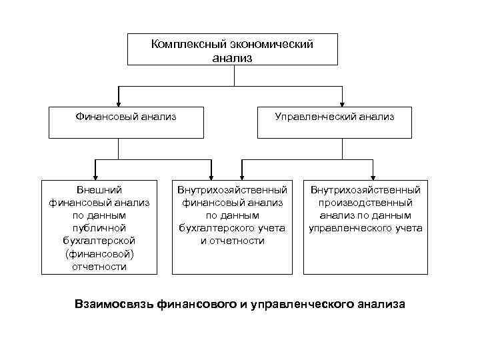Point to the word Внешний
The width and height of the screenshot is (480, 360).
pyautogui.click(x=99, y=190)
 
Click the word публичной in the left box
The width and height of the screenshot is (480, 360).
pyautogui.click(x=99, y=228)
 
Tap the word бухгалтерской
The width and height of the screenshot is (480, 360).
pyautogui.click(x=99, y=241)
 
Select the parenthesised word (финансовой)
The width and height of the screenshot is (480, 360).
pyautogui.click(x=99, y=254)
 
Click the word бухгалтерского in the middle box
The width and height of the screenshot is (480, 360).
pyautogui.click(x=217, y=228)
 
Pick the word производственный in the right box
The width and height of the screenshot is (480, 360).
pyautogui.click(x=365, y=203)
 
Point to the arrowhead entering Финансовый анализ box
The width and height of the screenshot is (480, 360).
pyautogui.click(x=119, y=103)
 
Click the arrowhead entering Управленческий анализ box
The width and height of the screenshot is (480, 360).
pyautogui.click(x=342, y=103)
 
